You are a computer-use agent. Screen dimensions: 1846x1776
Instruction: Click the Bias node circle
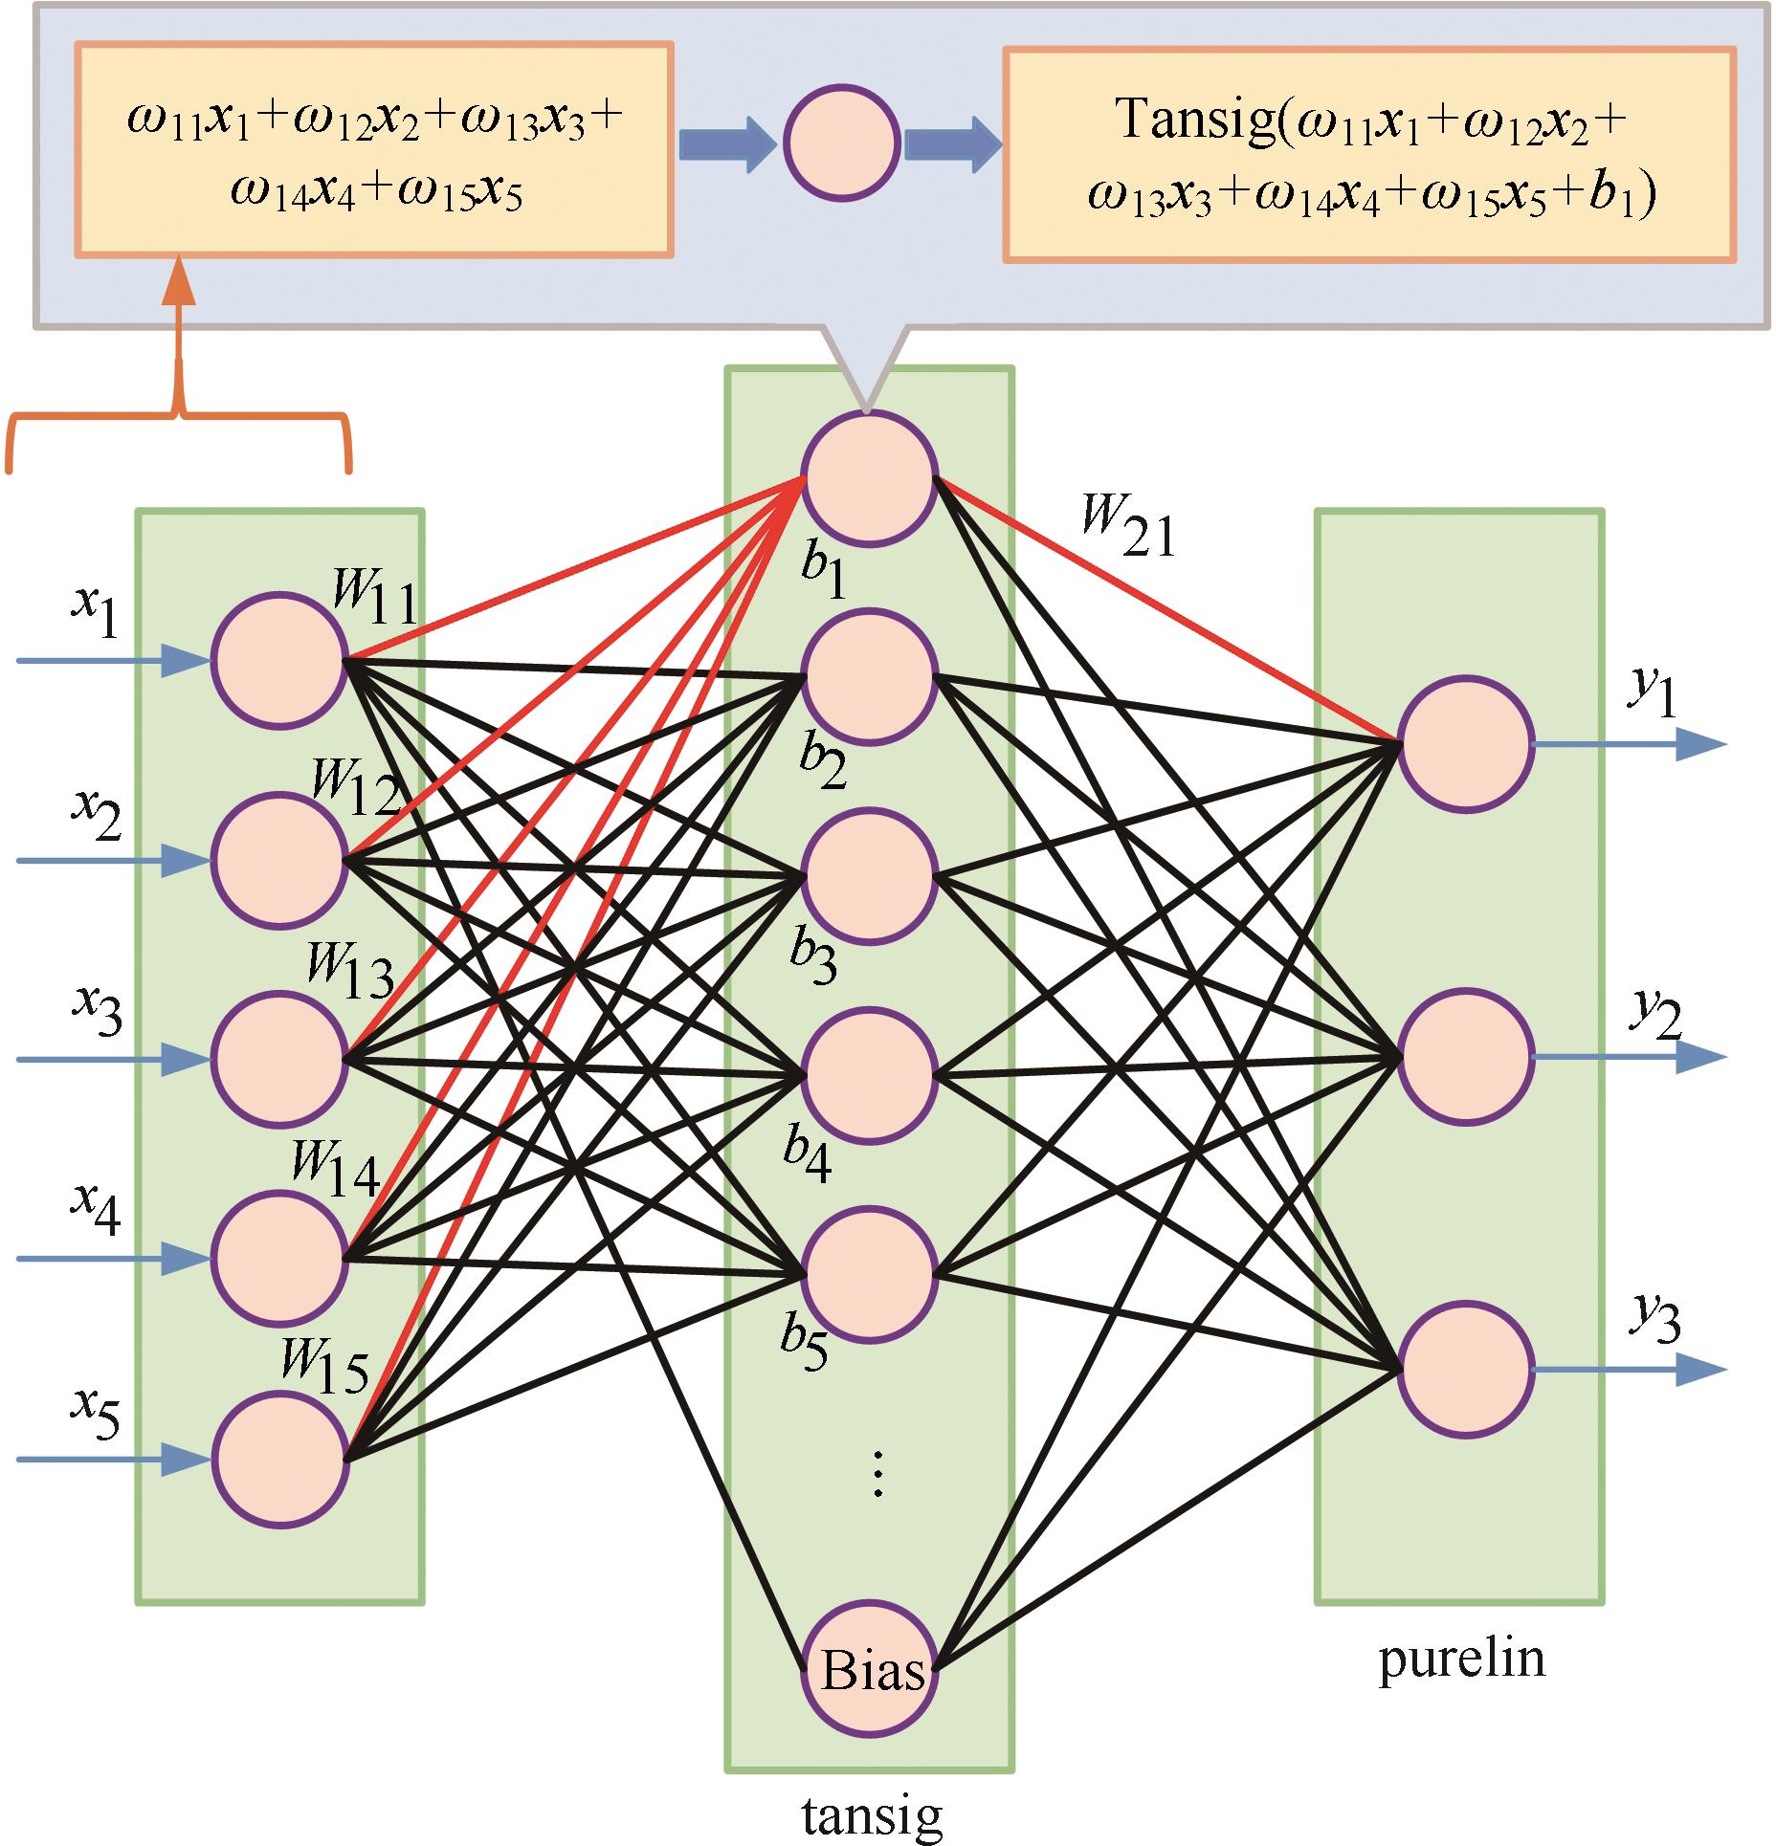[869, 1669]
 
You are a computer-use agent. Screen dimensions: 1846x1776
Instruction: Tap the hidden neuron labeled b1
[869, 478]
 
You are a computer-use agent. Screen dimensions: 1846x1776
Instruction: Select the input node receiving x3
[278, 1059]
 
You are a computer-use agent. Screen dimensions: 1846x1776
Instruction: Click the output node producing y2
[1465, 1057]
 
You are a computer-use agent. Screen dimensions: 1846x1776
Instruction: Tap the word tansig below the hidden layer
[872, 1814]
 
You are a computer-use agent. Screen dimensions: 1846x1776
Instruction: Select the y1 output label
[1653, 695]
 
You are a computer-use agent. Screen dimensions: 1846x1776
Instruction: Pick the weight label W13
[349, 971]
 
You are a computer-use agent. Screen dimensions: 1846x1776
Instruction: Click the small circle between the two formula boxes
[841, 143]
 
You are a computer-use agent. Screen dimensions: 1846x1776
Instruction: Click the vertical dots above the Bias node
[877, 1472]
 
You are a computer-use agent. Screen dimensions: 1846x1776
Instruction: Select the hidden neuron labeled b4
[869, 1076]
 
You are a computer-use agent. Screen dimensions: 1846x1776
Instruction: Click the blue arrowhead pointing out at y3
[1700, 1370]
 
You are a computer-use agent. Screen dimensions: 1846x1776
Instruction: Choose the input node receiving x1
[278, 660]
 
